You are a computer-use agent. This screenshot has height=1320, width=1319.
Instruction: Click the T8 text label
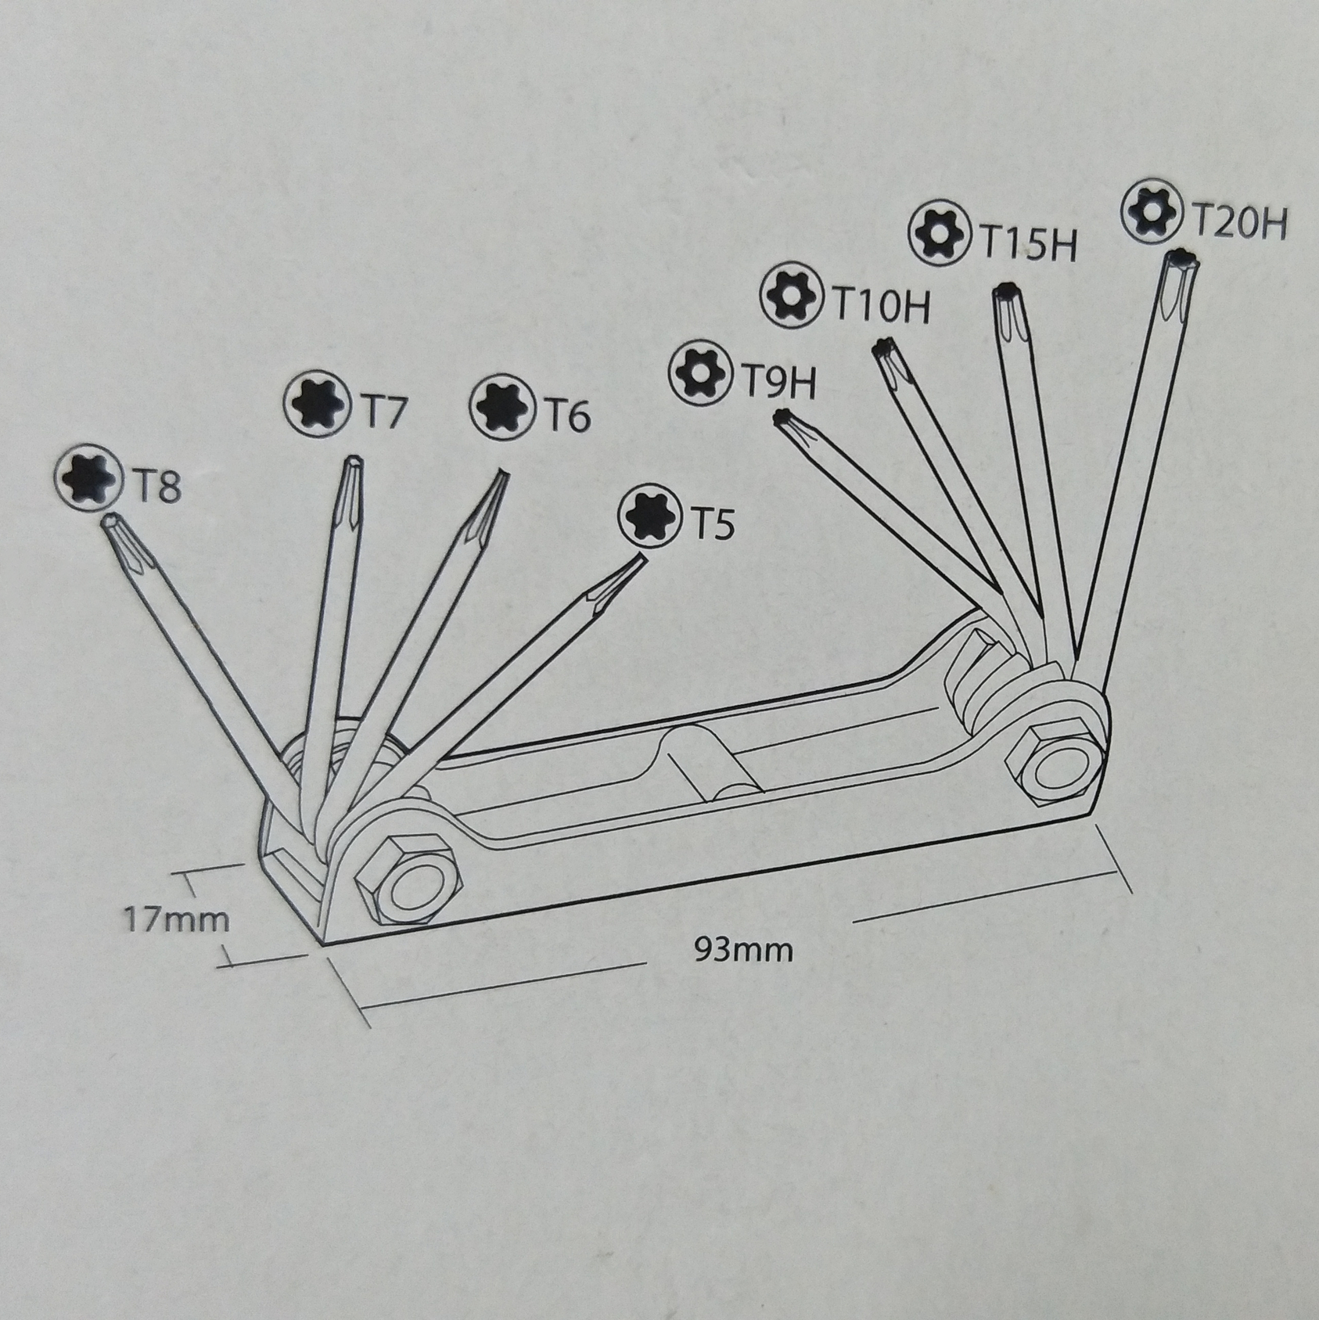tap(156, 486)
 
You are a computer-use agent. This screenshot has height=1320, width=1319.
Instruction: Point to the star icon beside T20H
tap(1152, 212)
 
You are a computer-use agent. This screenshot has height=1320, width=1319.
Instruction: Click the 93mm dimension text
tap(743, 950)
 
